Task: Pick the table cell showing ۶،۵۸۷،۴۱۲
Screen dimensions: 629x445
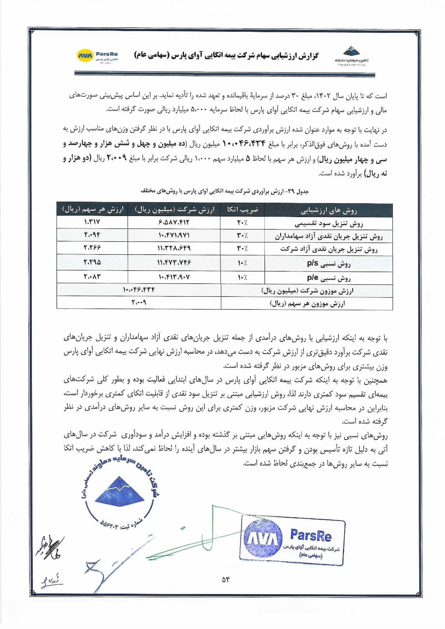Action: coord(174,222)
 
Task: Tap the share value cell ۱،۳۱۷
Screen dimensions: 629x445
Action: coord(92,222)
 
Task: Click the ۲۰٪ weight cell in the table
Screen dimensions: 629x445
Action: coord(243,223)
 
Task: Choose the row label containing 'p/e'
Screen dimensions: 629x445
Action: coord(329,277)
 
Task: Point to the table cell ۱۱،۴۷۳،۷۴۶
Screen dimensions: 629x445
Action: coord(174,262)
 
